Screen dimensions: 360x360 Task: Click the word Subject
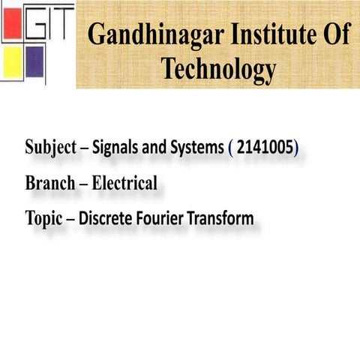point(50,148)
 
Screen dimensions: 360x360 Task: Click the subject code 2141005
point(265,148)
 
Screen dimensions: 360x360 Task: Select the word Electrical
point(124,183)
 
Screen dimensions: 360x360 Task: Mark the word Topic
point(43,219)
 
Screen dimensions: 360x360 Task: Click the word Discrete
point(106,218)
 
